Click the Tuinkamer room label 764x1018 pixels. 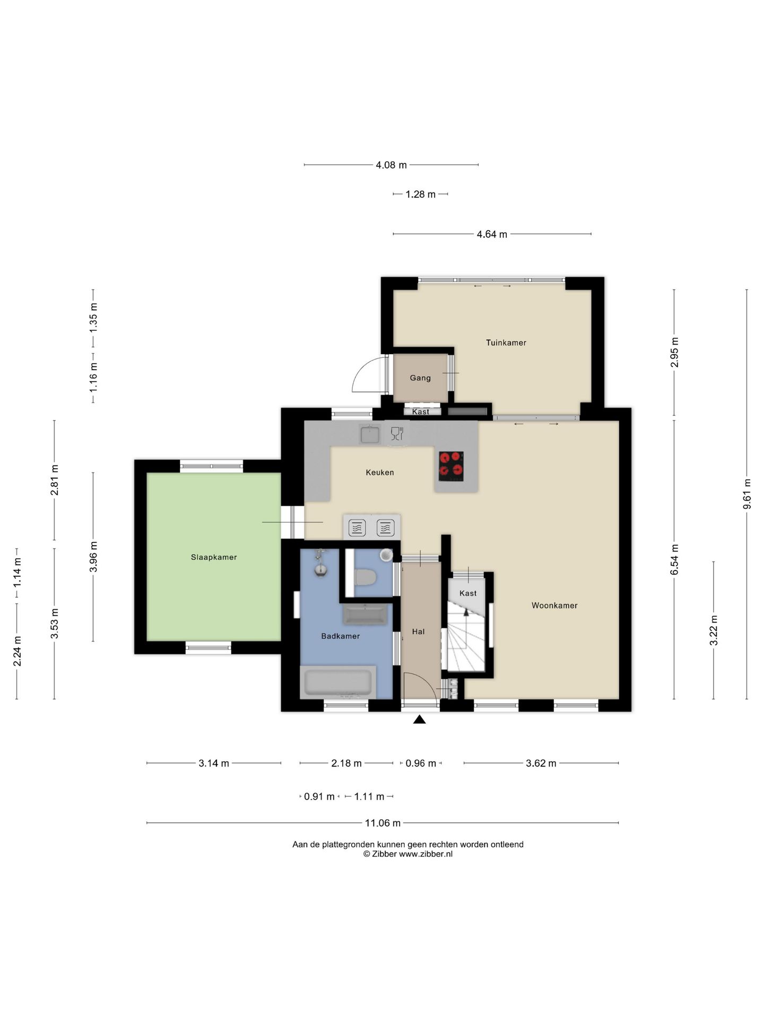[x=506, y=343]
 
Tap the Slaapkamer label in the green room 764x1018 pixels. [x=214, y=557]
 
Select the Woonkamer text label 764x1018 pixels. [x=554, y=605]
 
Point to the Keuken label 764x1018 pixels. [x=380, y=472]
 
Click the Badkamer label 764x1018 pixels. [x=341, y=636]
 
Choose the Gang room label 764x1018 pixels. [x=420, y=378]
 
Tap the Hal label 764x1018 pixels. [x=419, y=631]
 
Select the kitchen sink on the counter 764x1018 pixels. [x=370, y=434]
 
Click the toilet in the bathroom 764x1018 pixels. [x=365, y=577]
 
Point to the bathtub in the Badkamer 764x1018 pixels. [x=338, y=683]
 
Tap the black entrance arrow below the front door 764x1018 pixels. [x=420, y=719]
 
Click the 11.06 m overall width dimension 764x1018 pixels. [x=383, y=823]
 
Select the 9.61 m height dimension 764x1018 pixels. [x=747, y=494]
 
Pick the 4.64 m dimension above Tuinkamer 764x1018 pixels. [x=492, y=234]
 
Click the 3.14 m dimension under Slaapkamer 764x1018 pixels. [x=214, y=763]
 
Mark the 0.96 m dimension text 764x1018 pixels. [x=421, y=763]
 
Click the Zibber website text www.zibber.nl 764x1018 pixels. [x=426, y=854]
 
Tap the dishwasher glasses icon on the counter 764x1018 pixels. [x=397, y=434]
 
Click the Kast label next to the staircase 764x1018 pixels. [x=468, y=593]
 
